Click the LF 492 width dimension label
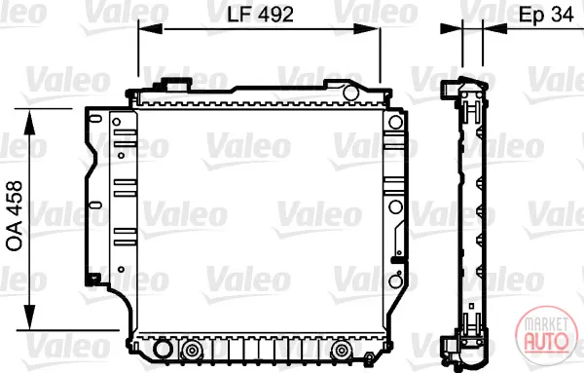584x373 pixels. pyautogui.click(x=260, y=15)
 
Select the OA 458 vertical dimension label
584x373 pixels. pyautogui.click(x=16, y=216)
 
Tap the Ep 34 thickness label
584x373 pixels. pyautogui.click(x=546, y=16)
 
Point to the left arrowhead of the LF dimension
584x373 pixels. pyautogui.click(x=151, y=28)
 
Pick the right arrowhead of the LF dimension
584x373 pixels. pyautogui.click(x=367, y=28)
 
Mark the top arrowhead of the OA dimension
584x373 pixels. pyautogui.click(x=29, y=122)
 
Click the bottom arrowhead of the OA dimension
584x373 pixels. pyautogui.click(x=29, y=317)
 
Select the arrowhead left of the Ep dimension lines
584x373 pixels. pyautogui.click(x=451, y=28)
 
